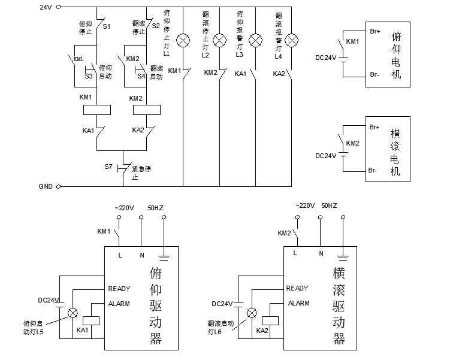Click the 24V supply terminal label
pyautogui.click(x=46, y=7)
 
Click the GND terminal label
pyautogui.click(x=46, y=186)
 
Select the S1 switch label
pyautogui.click(x=107, y=26)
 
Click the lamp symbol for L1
pyautogui.click(x=184, y=41)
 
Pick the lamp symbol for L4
pyautogui.click(x=292, y=41)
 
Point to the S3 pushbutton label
pyautogui.click(x=89, y=76)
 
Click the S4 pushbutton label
pyautogui.click(x=141, y=76)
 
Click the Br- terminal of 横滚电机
pyautogui.click(x=373, y=171)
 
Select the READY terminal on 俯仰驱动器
pyautogui.click(x=119, y=289)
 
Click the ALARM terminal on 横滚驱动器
pyautogui.click(x=298, y=304)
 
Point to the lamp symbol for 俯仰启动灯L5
pyautogui.click(x=73, y=312)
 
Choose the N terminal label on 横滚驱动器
pyautogui.click(x=321, y=253)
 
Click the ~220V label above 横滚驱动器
pyautogui.click(x=306, y=205)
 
